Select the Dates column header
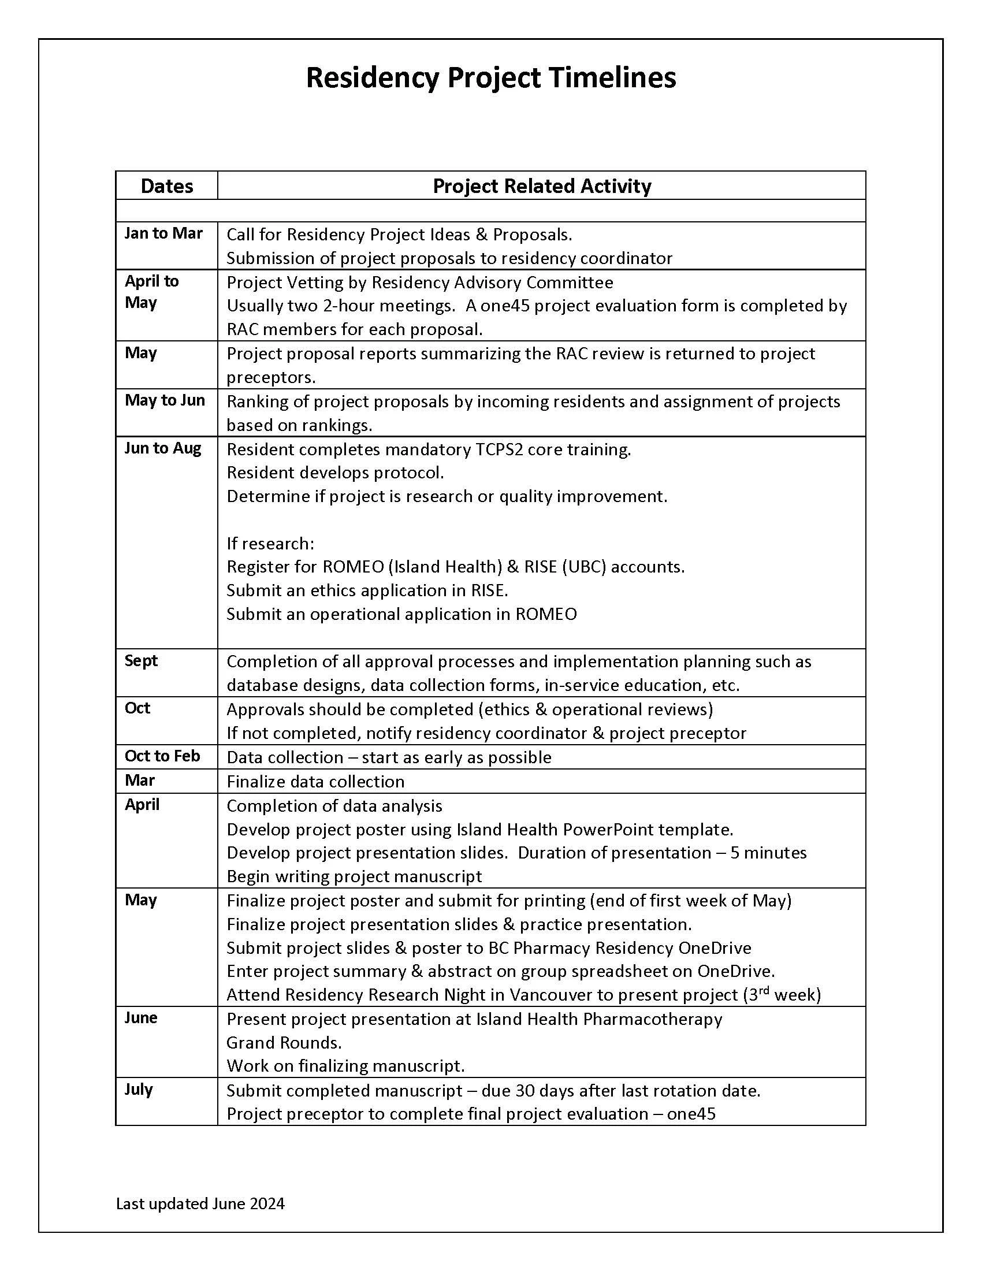(166, 186)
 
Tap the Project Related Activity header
(542, 186)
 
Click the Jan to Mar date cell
(163, 233)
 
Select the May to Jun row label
(165, 400)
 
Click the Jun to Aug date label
(163, 448)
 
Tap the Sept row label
(142, 660)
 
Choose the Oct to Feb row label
(162, 756)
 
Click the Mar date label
(140, 781)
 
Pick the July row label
(139, 1090)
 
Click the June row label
(141, 1018)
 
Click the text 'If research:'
(270, 544)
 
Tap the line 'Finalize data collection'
(315, 782)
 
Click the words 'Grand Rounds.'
(284, 1042)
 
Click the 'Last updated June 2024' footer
(200, 1203)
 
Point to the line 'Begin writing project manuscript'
(354, 876)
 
